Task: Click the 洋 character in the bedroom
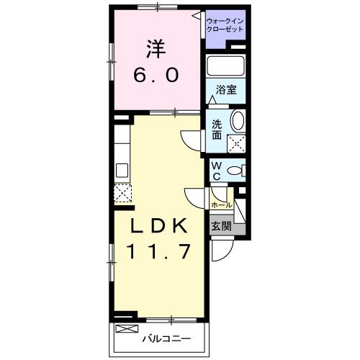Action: click(158, 48)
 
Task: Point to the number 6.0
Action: click(158, 75)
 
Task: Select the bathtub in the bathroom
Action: click(227, 66)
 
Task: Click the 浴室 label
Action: click(227, 91)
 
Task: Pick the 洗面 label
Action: click(217, 128)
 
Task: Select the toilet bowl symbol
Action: click(235, 171)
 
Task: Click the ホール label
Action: click(221, 205)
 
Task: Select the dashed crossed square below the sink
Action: click(122, 193)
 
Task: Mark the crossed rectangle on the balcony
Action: click(125, 329)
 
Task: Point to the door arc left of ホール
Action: click(196, 197)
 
